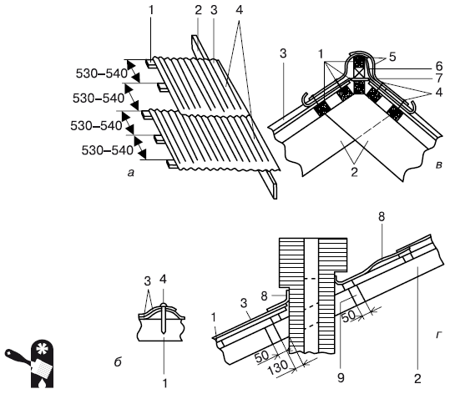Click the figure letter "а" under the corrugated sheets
[131, 174]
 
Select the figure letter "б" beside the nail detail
[118, 361]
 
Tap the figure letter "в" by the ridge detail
[439, 165]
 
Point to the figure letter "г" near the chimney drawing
[438, 336]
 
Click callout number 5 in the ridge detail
[392, 57]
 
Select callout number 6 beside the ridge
[439, 67]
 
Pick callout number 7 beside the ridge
[439, 78]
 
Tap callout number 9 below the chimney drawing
[341, 377]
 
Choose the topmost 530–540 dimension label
[102, 73]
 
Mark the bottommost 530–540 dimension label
[108, 150]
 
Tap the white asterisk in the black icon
[42, 349]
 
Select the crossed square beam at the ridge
[359, 72]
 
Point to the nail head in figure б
[164, 306]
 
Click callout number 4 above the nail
[163, 280]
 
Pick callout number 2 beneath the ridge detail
[354, 172]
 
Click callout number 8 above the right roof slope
[382, 217]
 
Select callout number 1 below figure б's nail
[164, 383]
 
